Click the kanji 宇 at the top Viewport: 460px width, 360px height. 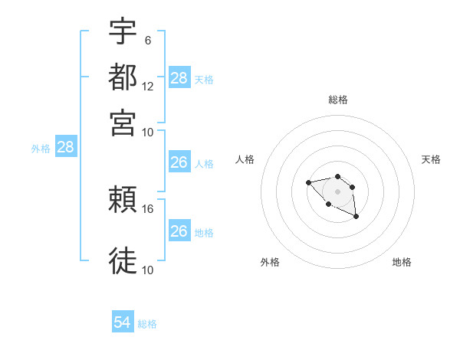pyautogui.click(x=123, y=32)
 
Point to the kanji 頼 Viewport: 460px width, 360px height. pyautogui.click(x=123, y=201)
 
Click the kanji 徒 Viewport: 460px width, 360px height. pyautogui.click(x=123, y=260)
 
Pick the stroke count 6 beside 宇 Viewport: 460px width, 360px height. pyautogui.click(x=149, y=41)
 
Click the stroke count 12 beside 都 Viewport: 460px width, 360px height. pyautogui.click(x=148, y=87)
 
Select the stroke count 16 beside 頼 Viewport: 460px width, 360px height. pyautogui.click(x=148, y=208)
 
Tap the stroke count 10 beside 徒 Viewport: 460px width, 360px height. pyautogui.click(x=148, y=269)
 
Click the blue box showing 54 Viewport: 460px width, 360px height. pyautogui.click(x=123, y=323)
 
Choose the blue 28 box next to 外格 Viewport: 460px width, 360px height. pyautogui.click(x=65, y=148)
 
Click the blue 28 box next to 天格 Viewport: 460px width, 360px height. pyautogui.click(x=179, y=78)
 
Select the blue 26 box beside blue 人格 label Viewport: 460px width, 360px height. pyautogui.click(x=179, y=162)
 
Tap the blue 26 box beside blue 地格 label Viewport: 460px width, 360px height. pyautogui.click(x=179, y=231)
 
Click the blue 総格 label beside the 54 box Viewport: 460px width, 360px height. pyautogui.click(x=147, y=324)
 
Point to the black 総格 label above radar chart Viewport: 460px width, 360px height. pyautogui.click(x=337, y=100)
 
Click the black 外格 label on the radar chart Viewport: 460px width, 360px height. pyautogui.click(x=270, y=262)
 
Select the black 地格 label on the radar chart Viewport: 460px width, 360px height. pyautogui.click(x=402, y=262)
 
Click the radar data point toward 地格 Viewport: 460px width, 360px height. pyautogui.click(x=356, y=217)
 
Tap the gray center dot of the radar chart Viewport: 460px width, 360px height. pyautogui.click(x=337, y=191)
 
